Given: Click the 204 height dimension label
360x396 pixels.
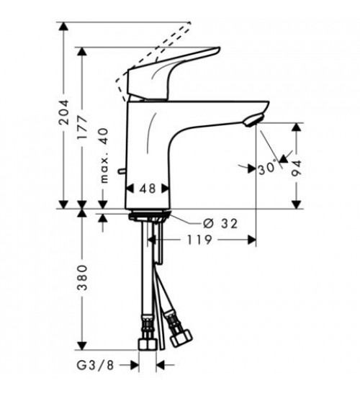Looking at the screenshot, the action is point(63,112).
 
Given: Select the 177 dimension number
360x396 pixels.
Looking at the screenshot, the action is point(82,127).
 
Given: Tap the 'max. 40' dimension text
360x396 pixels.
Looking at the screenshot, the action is point(104,156).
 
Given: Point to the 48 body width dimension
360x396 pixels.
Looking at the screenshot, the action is point(148,189).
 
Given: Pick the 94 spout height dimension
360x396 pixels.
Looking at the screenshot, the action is point(297,168).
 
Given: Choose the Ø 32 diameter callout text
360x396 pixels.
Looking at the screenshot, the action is point(220,223).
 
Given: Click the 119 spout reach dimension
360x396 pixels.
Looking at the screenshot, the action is point(199,240).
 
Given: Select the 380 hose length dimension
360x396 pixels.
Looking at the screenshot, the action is point(82,277).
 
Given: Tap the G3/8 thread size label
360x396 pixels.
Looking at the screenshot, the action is point(96,365).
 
